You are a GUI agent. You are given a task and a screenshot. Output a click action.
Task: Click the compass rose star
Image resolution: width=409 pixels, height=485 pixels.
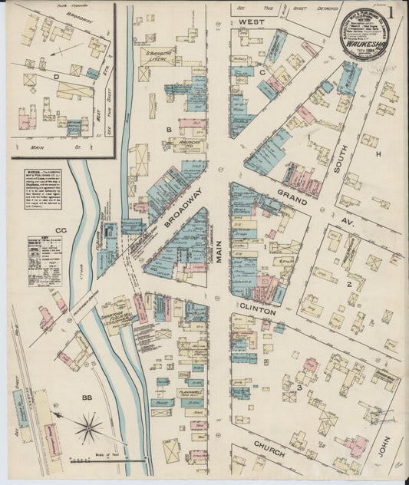pos(89,427)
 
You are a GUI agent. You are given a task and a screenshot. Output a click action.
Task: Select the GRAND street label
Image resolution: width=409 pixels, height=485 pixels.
pos(292,196)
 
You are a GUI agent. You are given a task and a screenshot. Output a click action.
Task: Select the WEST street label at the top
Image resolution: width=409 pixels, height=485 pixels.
pos(251,21)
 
